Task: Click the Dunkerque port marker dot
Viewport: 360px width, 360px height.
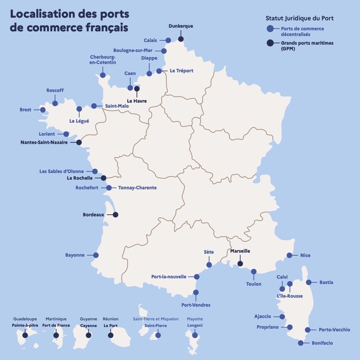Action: (x=181, y=39)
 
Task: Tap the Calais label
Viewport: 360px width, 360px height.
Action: (x=150, y=40)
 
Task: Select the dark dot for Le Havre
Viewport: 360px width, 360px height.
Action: (x=137, y=89)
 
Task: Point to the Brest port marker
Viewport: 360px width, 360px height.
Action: (x=43, y=110)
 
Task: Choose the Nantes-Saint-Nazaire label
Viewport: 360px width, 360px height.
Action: (x=44, y=142)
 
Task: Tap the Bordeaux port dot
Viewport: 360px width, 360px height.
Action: (x=115, y=215)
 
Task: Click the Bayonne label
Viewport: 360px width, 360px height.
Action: (x=75, y=255)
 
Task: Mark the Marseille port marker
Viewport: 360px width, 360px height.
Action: (x=240, y=264)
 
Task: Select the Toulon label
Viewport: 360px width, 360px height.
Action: (x=254, y=284)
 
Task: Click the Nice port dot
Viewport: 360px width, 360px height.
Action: (x=289, y=255)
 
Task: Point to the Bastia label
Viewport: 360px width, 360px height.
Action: (x=326, y=282)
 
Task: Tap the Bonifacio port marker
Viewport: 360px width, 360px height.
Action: (x=301, y=343)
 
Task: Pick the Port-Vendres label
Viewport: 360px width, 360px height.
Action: (x=196, y=305)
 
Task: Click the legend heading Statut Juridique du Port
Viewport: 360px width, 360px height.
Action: (x=299, y=18)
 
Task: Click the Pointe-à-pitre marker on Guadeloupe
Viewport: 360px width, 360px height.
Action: (x=25, y=335)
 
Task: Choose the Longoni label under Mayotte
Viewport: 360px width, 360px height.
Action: (x=195, y=326)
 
